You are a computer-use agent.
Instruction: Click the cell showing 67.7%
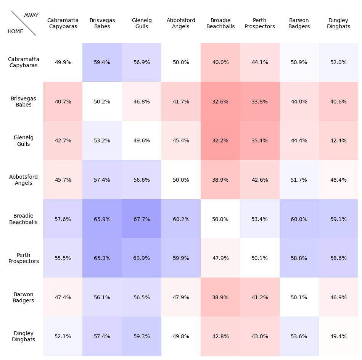[x=142, y=219]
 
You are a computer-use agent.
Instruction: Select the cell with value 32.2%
[x=220, y=141]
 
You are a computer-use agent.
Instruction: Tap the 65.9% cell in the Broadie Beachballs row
[x=102, y=219]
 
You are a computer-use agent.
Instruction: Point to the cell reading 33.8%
[x=259, y=102]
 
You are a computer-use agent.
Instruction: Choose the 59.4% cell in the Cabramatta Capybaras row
[x=102, y=62]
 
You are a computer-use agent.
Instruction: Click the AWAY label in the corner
[x=31, y=16]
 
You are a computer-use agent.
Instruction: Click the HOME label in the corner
[x=15, y=32]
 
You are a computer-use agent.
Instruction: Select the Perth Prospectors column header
[x=259, y=24]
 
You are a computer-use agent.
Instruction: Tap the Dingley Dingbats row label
[x=24, y=336]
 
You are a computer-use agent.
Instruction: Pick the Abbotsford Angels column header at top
[x=181, y=24]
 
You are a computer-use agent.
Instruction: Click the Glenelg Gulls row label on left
[x=24, y=141]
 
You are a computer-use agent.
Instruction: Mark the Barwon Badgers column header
[x=299, y=24]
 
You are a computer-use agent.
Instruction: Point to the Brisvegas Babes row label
[x=24, y=102]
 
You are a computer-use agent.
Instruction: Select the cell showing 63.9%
[x=142, y=258]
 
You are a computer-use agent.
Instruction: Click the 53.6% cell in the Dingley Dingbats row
[x=299, y=336]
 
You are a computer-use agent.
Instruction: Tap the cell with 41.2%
[x=259, y=297]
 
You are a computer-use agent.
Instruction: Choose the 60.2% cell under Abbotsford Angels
[x=181, y=219]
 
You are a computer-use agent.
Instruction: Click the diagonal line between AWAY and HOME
[x=24, y=23]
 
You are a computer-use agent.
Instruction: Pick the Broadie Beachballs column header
[x=220, y=24]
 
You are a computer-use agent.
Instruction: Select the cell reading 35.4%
[x=259, y=141]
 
